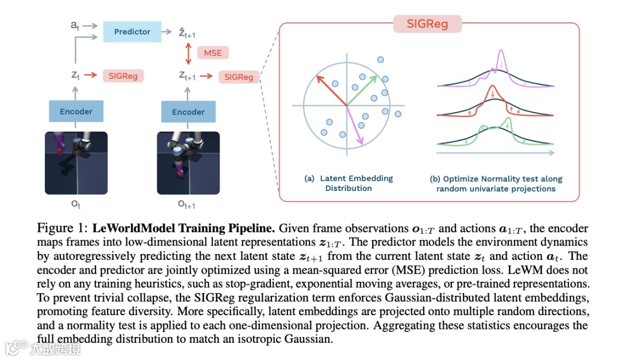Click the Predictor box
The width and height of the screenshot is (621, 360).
[x=132, y=32]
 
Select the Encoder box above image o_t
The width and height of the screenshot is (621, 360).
[x=76, y=112]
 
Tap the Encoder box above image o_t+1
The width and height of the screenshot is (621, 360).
[x=188, y=112]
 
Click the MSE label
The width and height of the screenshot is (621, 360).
[x=213, y=53]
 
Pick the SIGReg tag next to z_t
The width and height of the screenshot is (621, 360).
[x=122, y=75]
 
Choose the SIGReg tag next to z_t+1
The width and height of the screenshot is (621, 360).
[x=239, y=77]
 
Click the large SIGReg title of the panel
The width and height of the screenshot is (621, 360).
[x=428, y=24]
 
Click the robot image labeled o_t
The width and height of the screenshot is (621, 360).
[x=76, y=163]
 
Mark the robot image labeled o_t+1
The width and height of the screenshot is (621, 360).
[x=188, y=163]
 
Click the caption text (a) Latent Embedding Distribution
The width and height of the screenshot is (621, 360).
[x=348, y=183]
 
